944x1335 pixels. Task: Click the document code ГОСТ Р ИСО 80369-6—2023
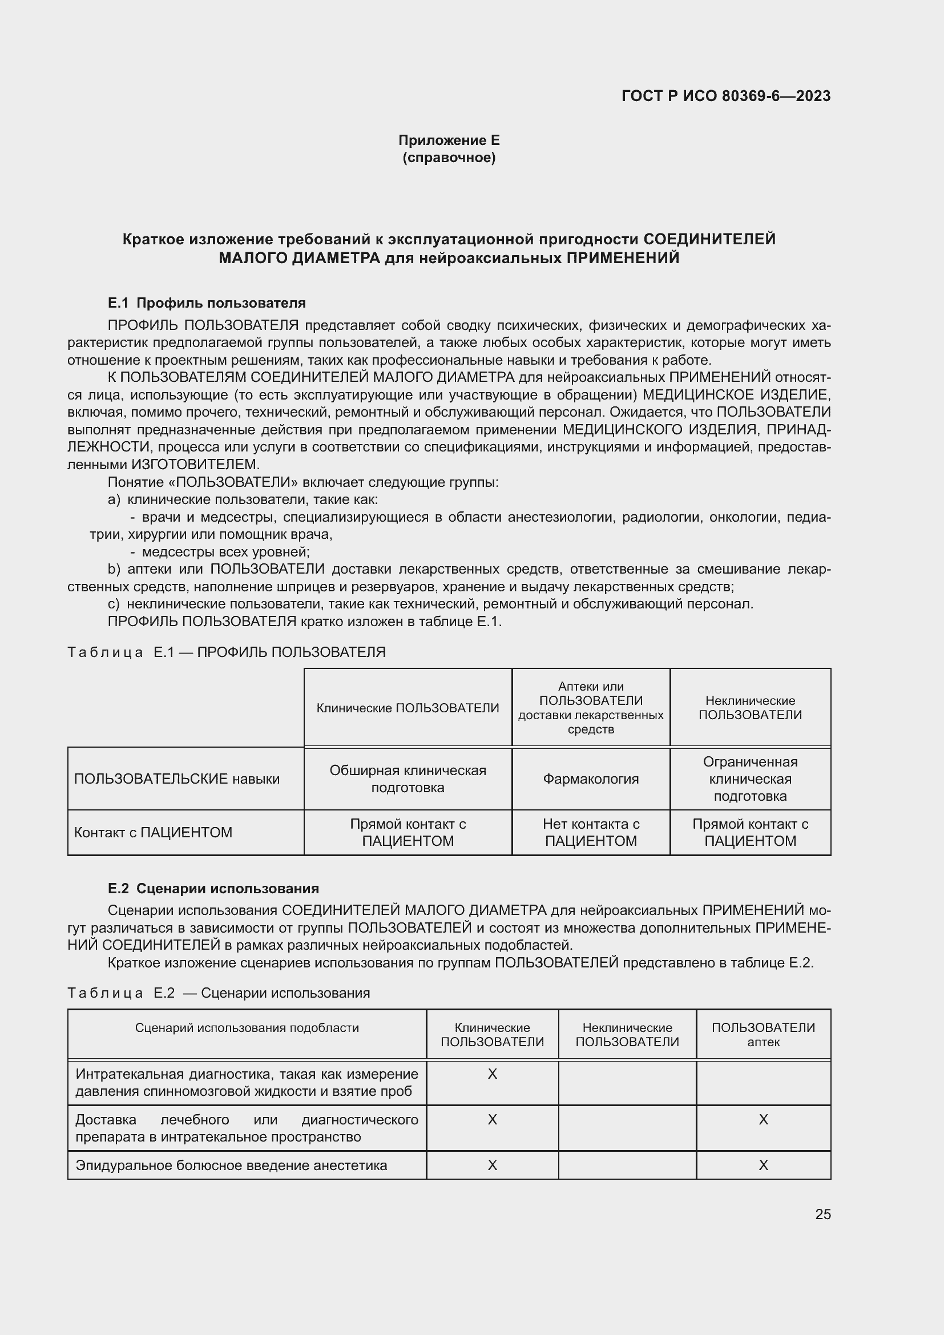[725, 96]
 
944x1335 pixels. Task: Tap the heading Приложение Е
[449, 140]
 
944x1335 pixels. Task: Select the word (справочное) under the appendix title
[449, 158]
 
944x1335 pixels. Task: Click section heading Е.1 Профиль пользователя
[207, 303]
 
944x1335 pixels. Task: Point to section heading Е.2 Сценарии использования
[213, 889]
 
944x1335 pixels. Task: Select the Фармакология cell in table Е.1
[591, 779]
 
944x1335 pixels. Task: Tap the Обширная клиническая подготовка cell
[408, 779]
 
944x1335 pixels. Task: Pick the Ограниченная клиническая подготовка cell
[750, 779]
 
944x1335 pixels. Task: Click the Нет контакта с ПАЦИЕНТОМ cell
[591, 833]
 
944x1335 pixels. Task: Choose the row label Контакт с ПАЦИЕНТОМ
[153, 833]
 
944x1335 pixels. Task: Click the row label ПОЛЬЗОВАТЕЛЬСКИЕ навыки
[177, 779]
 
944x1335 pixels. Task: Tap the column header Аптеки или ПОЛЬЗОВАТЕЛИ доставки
[591, 708]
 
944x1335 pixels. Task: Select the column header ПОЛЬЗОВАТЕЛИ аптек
[763, 1034]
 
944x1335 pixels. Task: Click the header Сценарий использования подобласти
[247, 1027]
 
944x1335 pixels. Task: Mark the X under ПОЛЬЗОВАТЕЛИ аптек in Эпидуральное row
[763, 1165]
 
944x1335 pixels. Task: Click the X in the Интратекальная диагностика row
[493, 1074]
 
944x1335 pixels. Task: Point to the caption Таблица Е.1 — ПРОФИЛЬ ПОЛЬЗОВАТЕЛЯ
[227, 652]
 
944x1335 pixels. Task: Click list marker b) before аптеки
[114, 569]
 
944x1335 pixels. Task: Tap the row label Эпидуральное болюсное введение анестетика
[231, 1165]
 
